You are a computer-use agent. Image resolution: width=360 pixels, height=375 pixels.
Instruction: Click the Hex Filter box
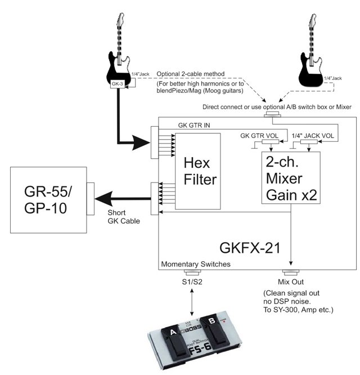tap(198, 171)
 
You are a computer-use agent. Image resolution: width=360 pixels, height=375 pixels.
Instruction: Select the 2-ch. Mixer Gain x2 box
tap(291, 178)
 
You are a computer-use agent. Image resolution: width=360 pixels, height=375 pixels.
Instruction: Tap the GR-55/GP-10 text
tap(48, 199)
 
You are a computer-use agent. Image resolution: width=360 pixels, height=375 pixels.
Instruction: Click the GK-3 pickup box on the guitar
tap(118, 84)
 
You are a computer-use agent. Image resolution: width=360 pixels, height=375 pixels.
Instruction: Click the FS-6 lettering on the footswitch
tap(200, 350)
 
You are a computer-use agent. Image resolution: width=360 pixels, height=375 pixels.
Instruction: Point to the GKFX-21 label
tap(250, 248)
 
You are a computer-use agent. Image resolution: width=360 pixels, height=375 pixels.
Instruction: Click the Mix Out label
tap(291, 282)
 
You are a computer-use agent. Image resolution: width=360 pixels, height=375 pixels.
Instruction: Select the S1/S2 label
tap(192, 282)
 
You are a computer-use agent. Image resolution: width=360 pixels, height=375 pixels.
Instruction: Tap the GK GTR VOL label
tap(259, 136)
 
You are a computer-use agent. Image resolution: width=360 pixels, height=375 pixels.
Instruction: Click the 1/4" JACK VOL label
tap(313, 136)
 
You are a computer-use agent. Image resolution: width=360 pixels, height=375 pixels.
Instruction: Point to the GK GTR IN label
tap(194, 125)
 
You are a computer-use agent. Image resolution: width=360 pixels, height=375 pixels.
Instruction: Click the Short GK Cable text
tap(124, 217)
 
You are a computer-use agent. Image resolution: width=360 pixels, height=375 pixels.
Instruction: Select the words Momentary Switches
tap(196, 264)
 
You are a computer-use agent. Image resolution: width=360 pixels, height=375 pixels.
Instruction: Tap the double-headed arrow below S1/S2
tap(192, 302)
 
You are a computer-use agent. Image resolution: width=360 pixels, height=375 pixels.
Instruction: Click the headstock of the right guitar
tap(313, 21)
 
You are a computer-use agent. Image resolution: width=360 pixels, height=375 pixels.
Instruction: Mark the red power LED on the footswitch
tap(224, 322)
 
